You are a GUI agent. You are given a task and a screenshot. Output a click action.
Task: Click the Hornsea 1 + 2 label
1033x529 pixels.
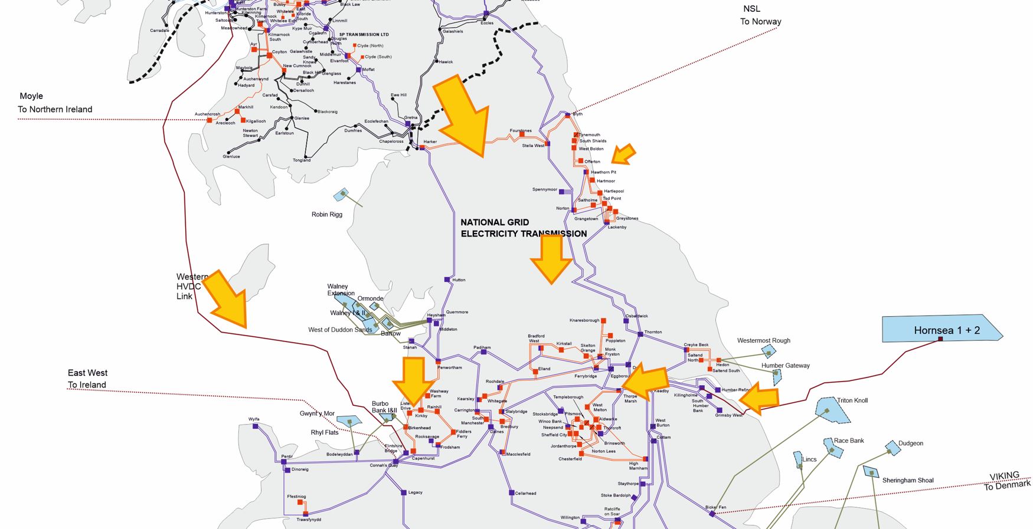coord(946,330)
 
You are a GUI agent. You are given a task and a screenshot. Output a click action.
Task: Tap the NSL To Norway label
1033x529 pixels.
coord(760,15)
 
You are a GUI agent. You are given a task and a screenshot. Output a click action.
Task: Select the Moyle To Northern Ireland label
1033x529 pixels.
coord(54,103)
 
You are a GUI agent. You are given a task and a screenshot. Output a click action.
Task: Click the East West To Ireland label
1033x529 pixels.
coord(87,379)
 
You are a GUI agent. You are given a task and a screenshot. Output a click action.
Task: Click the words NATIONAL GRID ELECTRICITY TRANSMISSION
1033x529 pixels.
coord(523,228)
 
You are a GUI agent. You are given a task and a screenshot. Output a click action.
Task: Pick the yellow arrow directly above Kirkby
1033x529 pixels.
coord(413,380)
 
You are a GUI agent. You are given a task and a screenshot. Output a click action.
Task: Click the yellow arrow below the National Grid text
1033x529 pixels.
coord(551,258)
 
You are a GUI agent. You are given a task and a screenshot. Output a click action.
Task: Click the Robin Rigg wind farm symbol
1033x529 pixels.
coord(342,194)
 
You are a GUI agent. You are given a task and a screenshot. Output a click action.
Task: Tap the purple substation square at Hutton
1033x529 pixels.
coord(447,280)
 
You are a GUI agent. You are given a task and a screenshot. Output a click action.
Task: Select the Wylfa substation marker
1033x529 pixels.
coord(255,426)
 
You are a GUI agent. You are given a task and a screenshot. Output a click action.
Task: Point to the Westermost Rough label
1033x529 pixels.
coord(763,340)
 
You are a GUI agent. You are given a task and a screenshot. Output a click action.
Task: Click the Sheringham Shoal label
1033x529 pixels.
coord(907,480)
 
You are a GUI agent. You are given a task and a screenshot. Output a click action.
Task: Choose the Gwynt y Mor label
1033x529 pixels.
coord(317,413)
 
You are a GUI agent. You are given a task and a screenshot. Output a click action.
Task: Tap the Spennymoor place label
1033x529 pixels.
coord(544,190)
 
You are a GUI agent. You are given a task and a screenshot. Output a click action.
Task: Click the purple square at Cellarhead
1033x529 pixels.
coord(511,493)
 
